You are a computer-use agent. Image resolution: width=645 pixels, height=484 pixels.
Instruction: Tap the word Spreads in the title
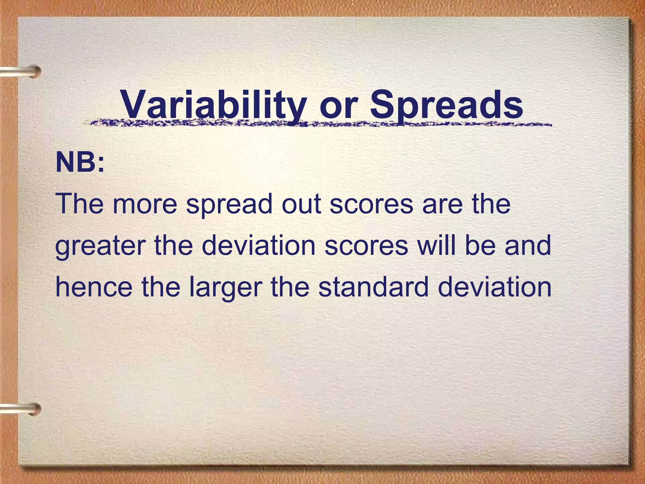tap(446, 104)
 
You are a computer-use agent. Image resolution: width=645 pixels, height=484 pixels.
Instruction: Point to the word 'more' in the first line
tap(145, 204)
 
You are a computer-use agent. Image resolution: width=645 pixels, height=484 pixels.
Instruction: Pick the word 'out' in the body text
tap(301, 204)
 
